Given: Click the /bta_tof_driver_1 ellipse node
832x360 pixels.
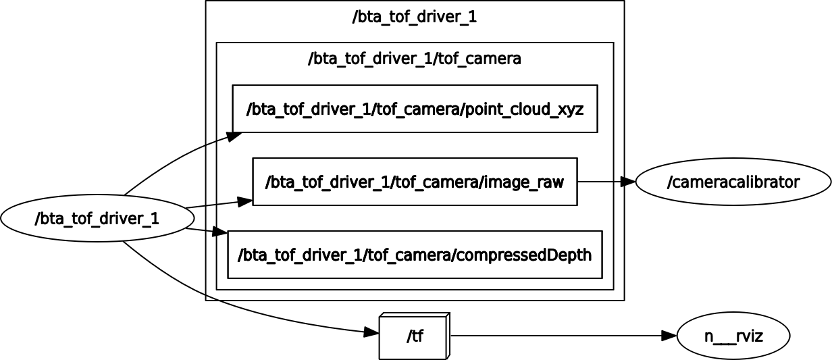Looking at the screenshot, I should coord(98,218).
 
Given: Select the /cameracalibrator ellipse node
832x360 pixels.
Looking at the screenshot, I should coord(733,182).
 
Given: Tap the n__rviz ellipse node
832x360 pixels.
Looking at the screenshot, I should coord(733,336).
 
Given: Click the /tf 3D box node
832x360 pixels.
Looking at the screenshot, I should coord(413,336).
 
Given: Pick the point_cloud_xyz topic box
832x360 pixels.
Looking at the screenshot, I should coord(415,109).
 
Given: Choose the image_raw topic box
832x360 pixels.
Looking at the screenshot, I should coord(415,182).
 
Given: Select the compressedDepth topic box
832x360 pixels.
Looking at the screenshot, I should coord(415,255).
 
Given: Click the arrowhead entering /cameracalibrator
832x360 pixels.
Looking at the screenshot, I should coord(627,182).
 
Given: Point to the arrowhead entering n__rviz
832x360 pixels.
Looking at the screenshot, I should coord(669,336).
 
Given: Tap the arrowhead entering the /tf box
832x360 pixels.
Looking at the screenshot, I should coord(371,332).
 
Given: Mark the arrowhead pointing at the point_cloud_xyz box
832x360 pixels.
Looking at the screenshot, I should coord(234,136).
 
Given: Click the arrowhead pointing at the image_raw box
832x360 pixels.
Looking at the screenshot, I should coord(244,201).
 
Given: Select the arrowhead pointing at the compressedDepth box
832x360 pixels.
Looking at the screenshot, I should coord(220,234).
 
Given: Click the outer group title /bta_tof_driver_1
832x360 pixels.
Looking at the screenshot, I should coord(415,18).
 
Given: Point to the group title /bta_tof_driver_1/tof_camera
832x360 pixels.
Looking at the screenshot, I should coord(415,59).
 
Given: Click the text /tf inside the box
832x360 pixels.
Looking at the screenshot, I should coord(415,336).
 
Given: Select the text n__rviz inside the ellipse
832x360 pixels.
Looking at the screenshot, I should coord(733,336).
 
